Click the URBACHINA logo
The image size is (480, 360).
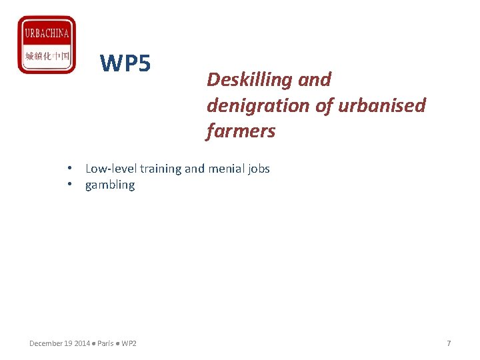pos(46,44)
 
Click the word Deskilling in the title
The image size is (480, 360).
pos(242,80)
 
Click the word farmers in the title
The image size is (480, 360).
pos(241,131)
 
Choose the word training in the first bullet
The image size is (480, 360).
pos(161,169)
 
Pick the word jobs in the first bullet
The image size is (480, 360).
pos(259,169)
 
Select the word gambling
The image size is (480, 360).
pos(110,185)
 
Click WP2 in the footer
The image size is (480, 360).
pos(129,343)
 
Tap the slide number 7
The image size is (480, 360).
pos(449,343)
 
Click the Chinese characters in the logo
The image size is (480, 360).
pos(47,56)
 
